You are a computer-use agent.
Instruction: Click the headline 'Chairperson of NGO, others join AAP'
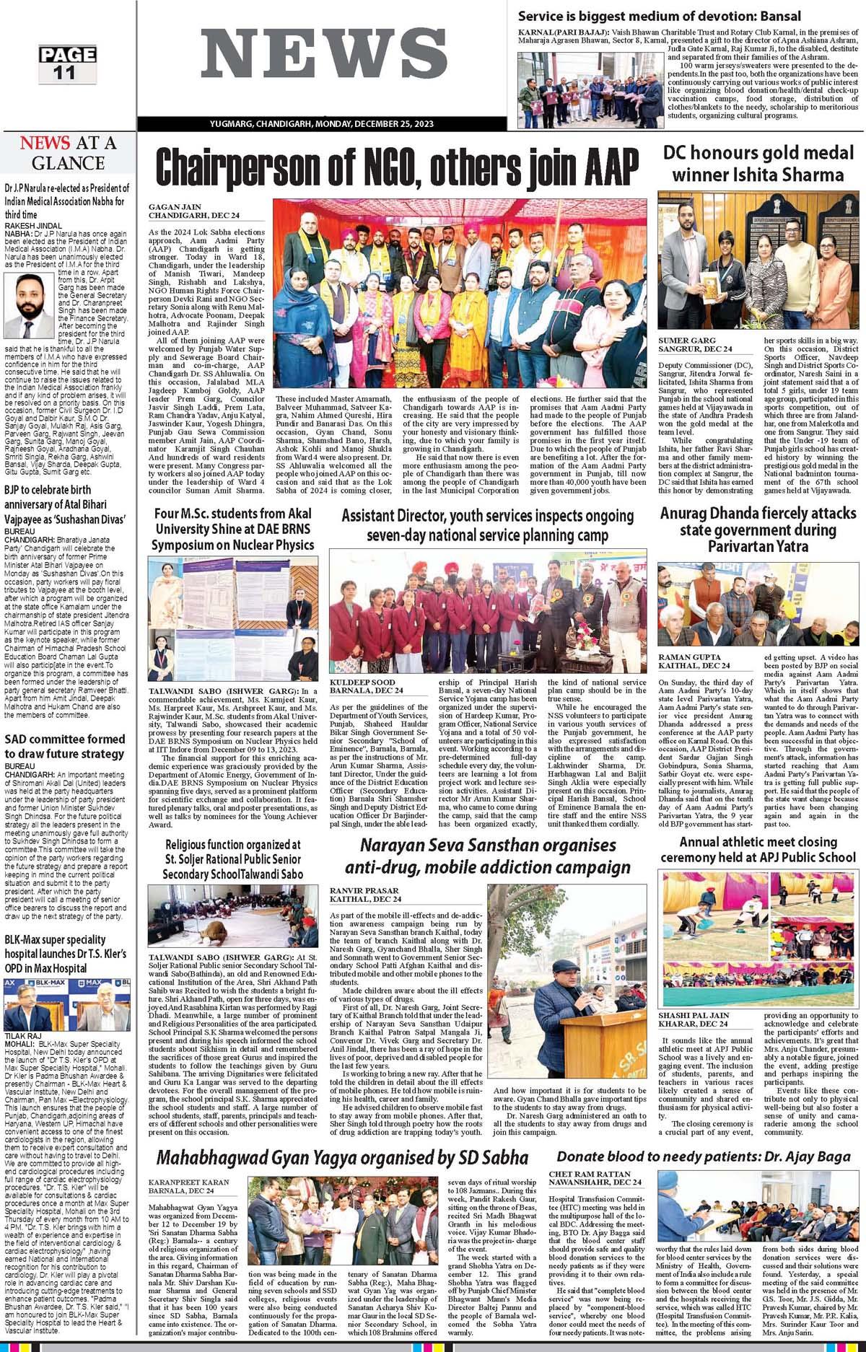click(397, 167)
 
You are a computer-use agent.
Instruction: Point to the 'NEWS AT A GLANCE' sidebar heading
click(68, 152)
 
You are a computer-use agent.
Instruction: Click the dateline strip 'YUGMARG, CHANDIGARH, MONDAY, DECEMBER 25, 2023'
click(321, 125)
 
